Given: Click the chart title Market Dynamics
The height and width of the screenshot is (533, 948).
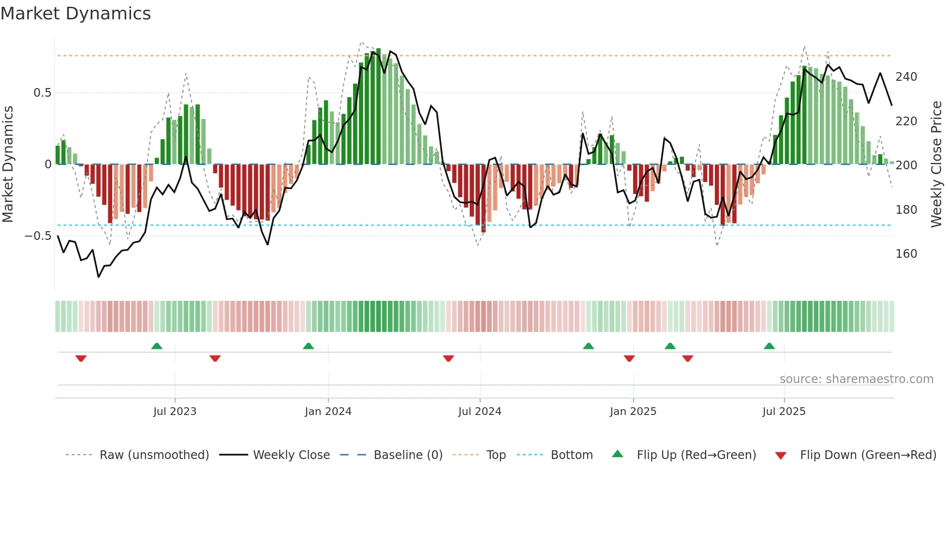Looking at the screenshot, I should [x=75, y=14].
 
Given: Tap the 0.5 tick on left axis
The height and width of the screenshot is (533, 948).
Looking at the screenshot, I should [x=42, y=93].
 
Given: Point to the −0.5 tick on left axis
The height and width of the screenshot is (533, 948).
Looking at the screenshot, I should [x=38, y=236].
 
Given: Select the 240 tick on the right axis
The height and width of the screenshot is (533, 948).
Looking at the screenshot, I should [x=906, y=77].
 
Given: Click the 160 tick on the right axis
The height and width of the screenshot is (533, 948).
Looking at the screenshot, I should [x=906, y=254].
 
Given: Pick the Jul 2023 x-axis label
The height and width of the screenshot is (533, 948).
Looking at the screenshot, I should [x=175, y=412].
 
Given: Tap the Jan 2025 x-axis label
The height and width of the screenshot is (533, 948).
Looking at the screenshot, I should [x=633, y=412].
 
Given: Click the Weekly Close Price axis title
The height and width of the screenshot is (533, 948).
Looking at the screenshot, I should [x=936, y=164].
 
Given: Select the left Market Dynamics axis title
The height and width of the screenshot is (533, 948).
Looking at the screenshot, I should [x=8, y=164].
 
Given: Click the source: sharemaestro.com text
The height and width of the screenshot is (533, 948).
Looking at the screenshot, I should [x=856, y=379].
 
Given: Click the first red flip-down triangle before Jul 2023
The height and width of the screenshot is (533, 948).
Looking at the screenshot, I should [x=81, y=358].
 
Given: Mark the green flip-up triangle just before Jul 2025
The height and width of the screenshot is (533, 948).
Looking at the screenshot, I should [x=769, y=346].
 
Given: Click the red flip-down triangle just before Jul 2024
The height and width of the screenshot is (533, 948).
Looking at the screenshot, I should [x=448, y=358].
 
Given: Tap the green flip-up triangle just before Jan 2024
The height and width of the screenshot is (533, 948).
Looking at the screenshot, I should [x=308, y=346].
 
